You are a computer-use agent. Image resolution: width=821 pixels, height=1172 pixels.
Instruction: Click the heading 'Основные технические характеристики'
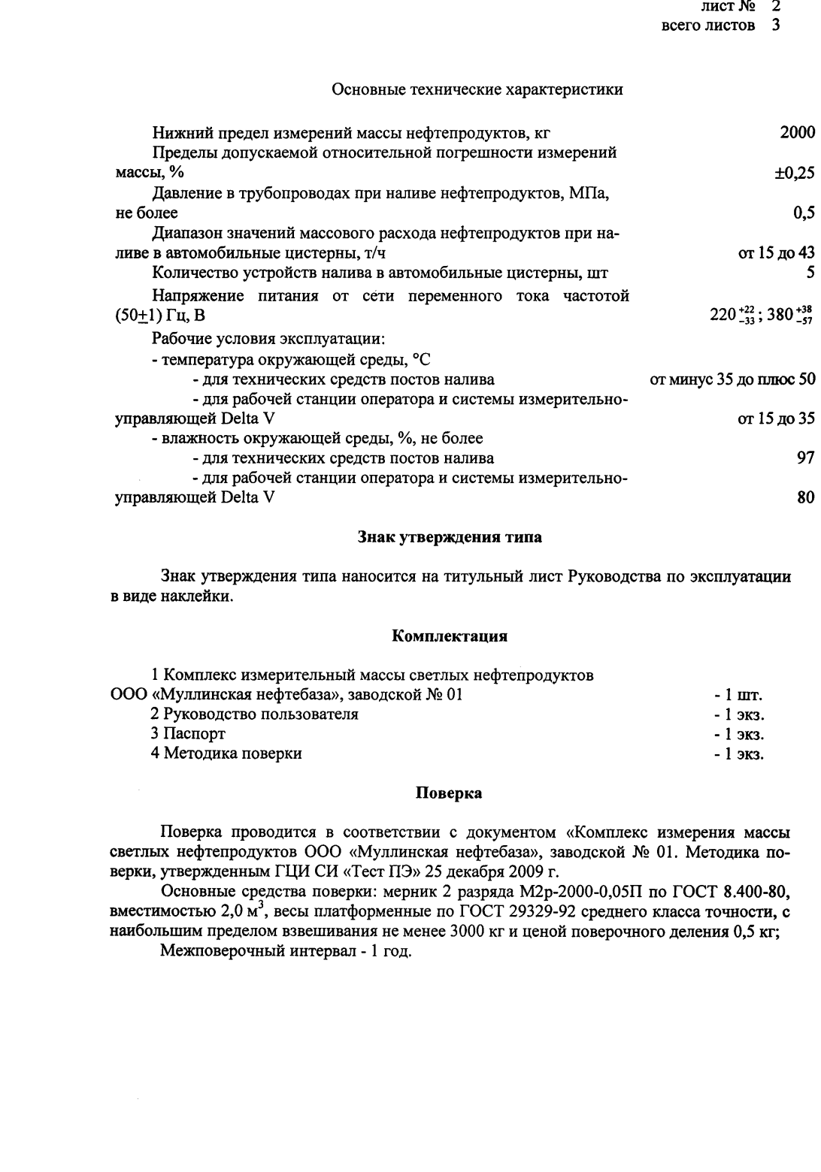coord(477,90)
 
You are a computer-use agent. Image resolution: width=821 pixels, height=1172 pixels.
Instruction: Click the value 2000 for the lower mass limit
coord(797,133)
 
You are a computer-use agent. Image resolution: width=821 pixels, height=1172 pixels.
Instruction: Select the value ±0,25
coord(795,173)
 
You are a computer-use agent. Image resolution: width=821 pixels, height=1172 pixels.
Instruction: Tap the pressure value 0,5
coord(804,213)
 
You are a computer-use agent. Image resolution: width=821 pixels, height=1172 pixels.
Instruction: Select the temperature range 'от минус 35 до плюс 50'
coord(732,379)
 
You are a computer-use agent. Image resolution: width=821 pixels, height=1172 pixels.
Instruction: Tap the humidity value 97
coord(805,458)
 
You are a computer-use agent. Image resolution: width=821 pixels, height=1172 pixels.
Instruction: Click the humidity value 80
coord(805,497)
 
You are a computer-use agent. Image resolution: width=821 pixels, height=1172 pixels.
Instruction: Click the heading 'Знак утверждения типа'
coord(449,538)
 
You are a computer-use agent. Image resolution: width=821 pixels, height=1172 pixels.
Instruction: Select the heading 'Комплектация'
coord(450,636)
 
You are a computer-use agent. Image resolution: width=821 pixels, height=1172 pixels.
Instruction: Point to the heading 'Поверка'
coord(449,793)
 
